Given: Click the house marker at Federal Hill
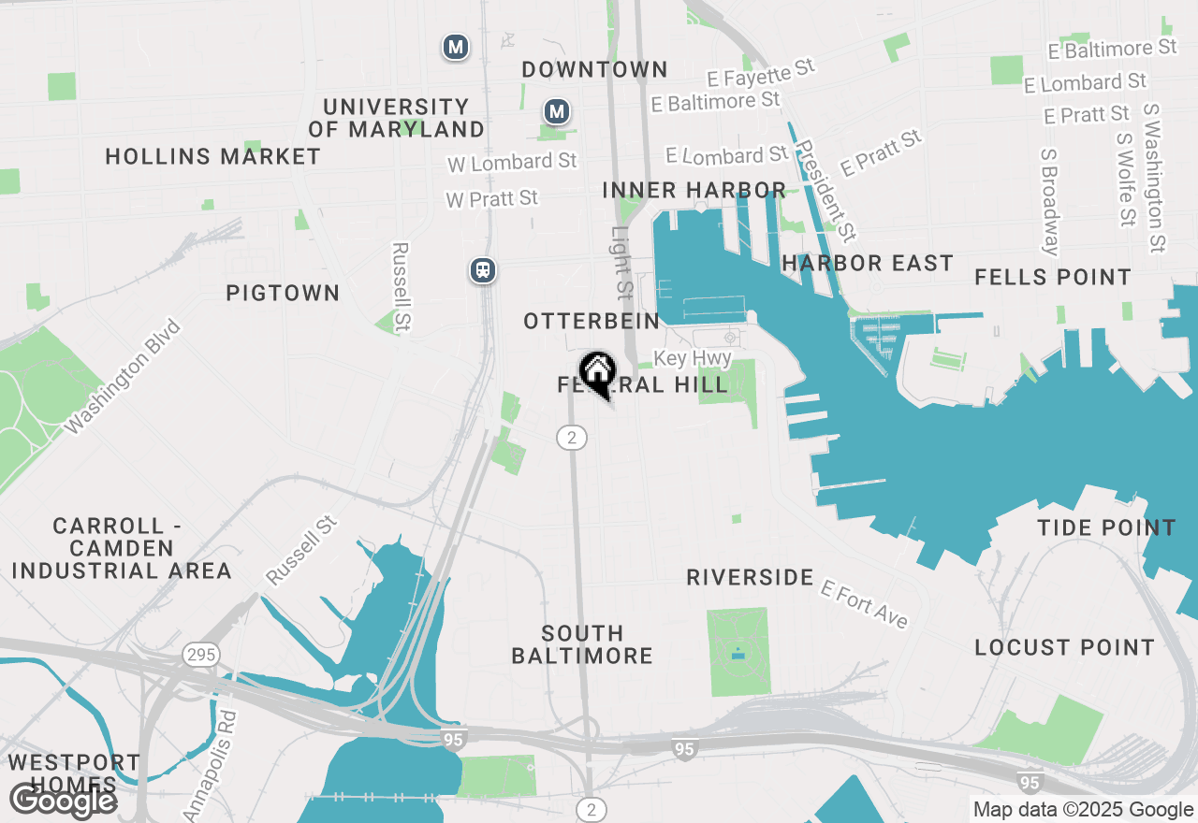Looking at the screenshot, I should [597, 371].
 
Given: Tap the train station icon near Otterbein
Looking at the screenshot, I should [482, 271].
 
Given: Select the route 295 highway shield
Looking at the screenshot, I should [201, 654].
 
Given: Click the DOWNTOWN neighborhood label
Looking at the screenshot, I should [594, 70].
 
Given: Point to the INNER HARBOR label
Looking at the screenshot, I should [694, 191].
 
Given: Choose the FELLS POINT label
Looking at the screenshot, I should [1053, 278].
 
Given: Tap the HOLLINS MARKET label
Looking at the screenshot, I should [213, 157].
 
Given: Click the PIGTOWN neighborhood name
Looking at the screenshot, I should [283, 294].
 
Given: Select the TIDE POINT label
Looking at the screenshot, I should [1106, 528].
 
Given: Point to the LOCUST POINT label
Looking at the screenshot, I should [1065, 648].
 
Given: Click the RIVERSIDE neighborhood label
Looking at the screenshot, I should [750, 578].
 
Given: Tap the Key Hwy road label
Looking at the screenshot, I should [692, 358].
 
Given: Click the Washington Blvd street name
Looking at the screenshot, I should [123, 377].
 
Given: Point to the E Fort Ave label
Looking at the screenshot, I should [864, 604].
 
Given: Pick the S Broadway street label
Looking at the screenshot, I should [1050, 201].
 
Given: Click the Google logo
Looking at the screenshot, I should [63, 801].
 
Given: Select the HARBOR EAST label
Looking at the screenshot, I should [867, 264].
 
